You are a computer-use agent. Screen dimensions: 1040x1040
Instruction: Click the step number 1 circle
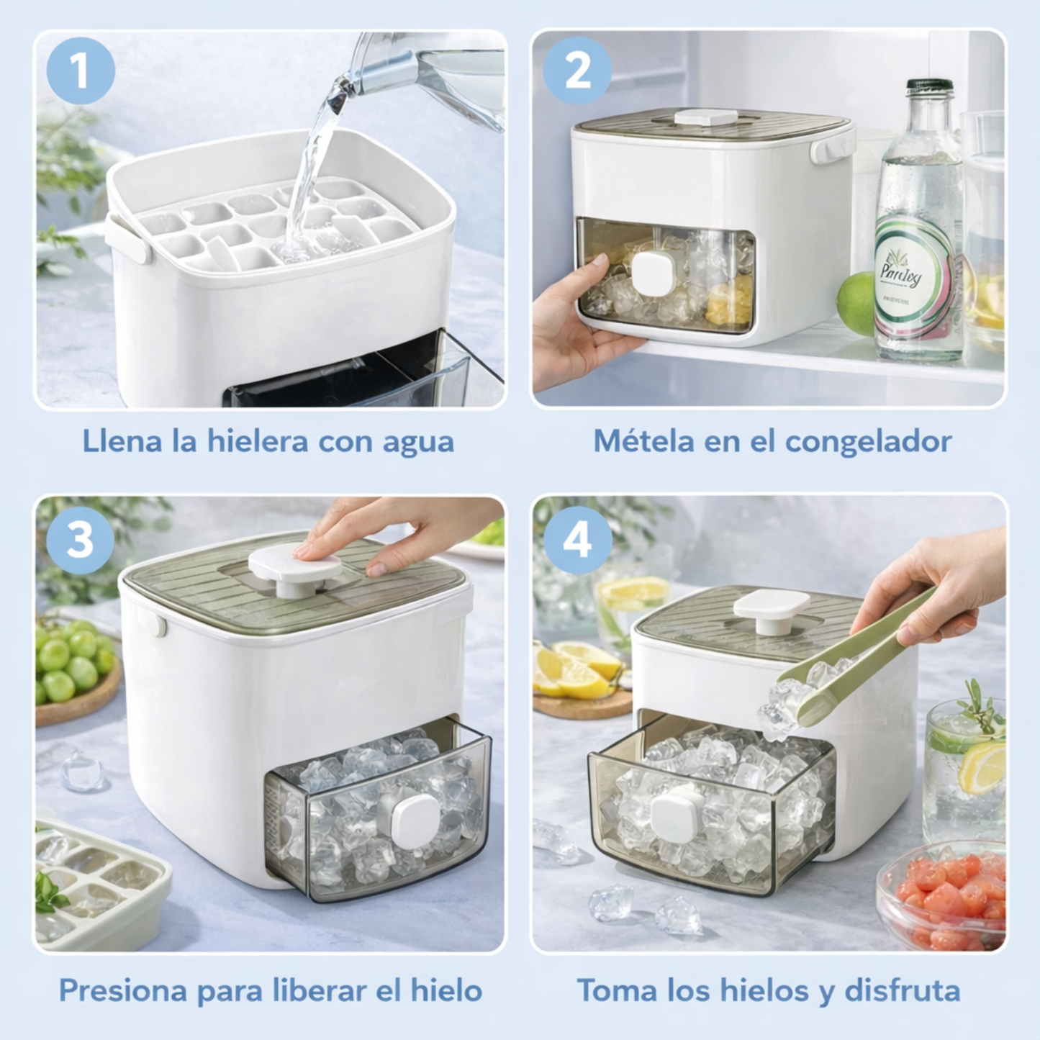pos(81,71)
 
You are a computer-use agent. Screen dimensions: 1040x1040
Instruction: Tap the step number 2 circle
pos(577,71)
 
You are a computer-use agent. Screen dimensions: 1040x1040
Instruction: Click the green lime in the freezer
pos(857,303)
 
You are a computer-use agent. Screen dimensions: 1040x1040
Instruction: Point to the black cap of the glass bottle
pos(929,86)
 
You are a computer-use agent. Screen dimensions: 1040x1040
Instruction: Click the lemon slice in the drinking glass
pos(982,767)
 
